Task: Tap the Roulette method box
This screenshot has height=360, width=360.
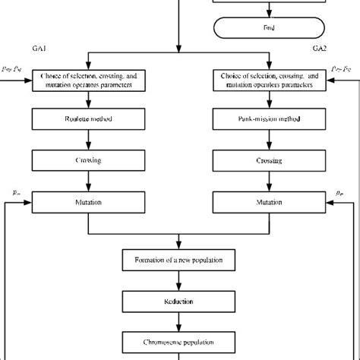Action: click(x=90, y=119)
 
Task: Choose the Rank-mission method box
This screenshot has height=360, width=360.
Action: click(x=268, y=119)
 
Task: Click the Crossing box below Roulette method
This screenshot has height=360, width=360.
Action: click(x=90, y=161)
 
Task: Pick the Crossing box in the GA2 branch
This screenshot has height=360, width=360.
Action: click(x=268, y=161)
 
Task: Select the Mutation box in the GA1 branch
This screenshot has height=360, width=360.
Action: click(x=90, y=203)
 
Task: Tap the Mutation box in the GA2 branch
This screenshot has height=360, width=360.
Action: click(x=268, y=203)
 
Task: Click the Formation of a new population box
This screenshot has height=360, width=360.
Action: click(x=179, y=262)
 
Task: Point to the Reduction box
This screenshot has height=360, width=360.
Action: click(x=179, y=302)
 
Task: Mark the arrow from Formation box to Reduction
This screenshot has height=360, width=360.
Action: click(x=179, y=282)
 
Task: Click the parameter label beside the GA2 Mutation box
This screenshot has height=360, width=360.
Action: click(x=339, y=194)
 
